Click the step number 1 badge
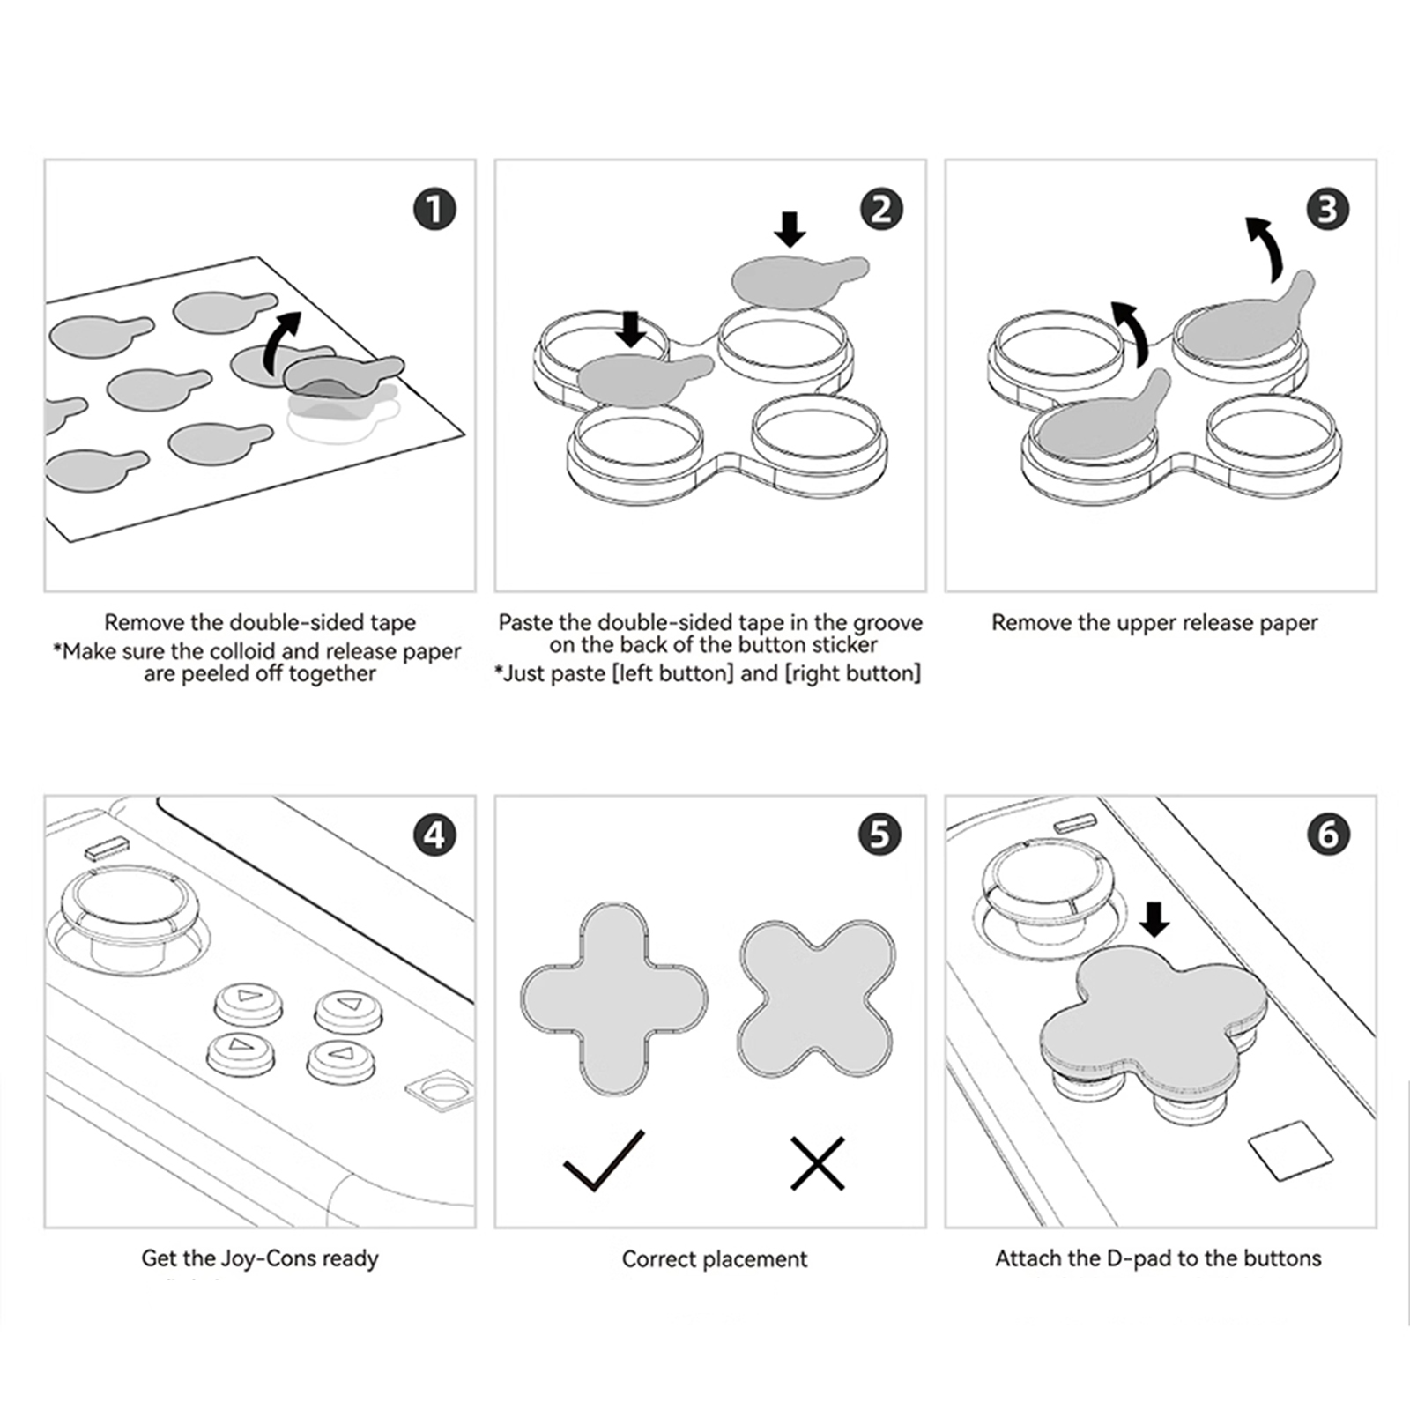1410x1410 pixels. click(x=434, y=210)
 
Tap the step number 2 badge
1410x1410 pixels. click(x=881, y=210)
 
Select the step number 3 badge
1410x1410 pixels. click(x=1328, y=210)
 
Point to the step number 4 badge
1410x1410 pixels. click(x=434, y=835)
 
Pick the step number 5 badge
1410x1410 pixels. click(x=880, y=835)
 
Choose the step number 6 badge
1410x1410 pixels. click(x=1328, y=835)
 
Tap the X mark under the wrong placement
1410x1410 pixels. click(x=818, y=1163)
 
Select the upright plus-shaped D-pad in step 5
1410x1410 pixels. click(x=614, y=998)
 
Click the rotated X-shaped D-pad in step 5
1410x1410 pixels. click(x=816, y=998)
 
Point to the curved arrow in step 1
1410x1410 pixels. click(x=282, y=339)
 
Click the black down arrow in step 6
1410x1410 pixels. click(x=1154, y=919)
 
